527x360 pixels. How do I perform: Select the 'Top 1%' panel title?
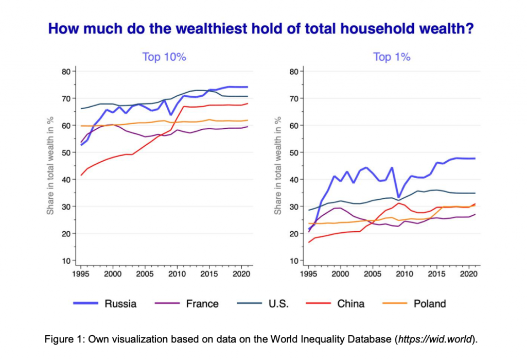392,57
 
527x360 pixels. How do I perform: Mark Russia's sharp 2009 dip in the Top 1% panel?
398,198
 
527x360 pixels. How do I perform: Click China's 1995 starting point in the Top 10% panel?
81,176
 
